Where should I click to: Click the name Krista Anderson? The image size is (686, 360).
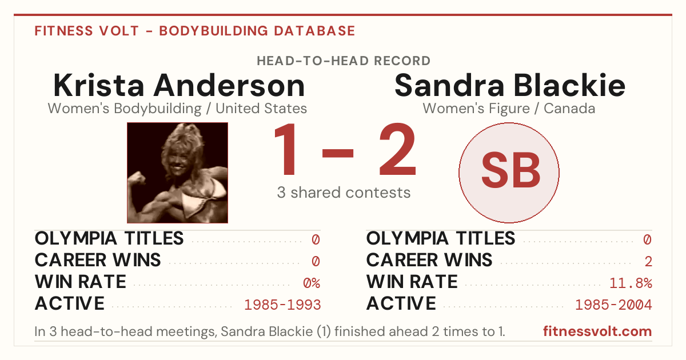click(179, 85)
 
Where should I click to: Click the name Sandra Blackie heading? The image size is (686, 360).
click(510, 85)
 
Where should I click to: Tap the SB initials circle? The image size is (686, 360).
click(509, 173)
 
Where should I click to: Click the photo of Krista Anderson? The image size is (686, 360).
click(177, 173)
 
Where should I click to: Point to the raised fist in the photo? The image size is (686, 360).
click(137, 178)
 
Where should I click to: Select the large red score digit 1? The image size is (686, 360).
click(285, 149)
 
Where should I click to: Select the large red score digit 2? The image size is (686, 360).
click(397, 149)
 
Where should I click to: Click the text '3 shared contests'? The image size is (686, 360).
click(344, 193)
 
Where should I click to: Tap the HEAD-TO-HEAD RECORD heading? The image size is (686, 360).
click(344, 61)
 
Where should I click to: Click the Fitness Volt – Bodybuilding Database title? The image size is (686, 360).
click(195, 31)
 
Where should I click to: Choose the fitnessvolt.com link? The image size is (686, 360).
click(597, 331)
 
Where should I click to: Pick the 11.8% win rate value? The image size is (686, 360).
click(631, 283)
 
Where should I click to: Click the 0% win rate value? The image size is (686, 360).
click(312, 283)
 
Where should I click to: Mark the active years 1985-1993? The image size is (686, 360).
click(282, 305)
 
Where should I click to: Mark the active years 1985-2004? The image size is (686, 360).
click(614, 305)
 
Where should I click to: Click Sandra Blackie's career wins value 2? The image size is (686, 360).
click(648, 261)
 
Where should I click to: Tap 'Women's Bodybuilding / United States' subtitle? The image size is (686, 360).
click(177, 109)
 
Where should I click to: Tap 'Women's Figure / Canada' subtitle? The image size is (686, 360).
click(509, 109)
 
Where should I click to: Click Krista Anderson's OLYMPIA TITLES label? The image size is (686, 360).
click(109, 238)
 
